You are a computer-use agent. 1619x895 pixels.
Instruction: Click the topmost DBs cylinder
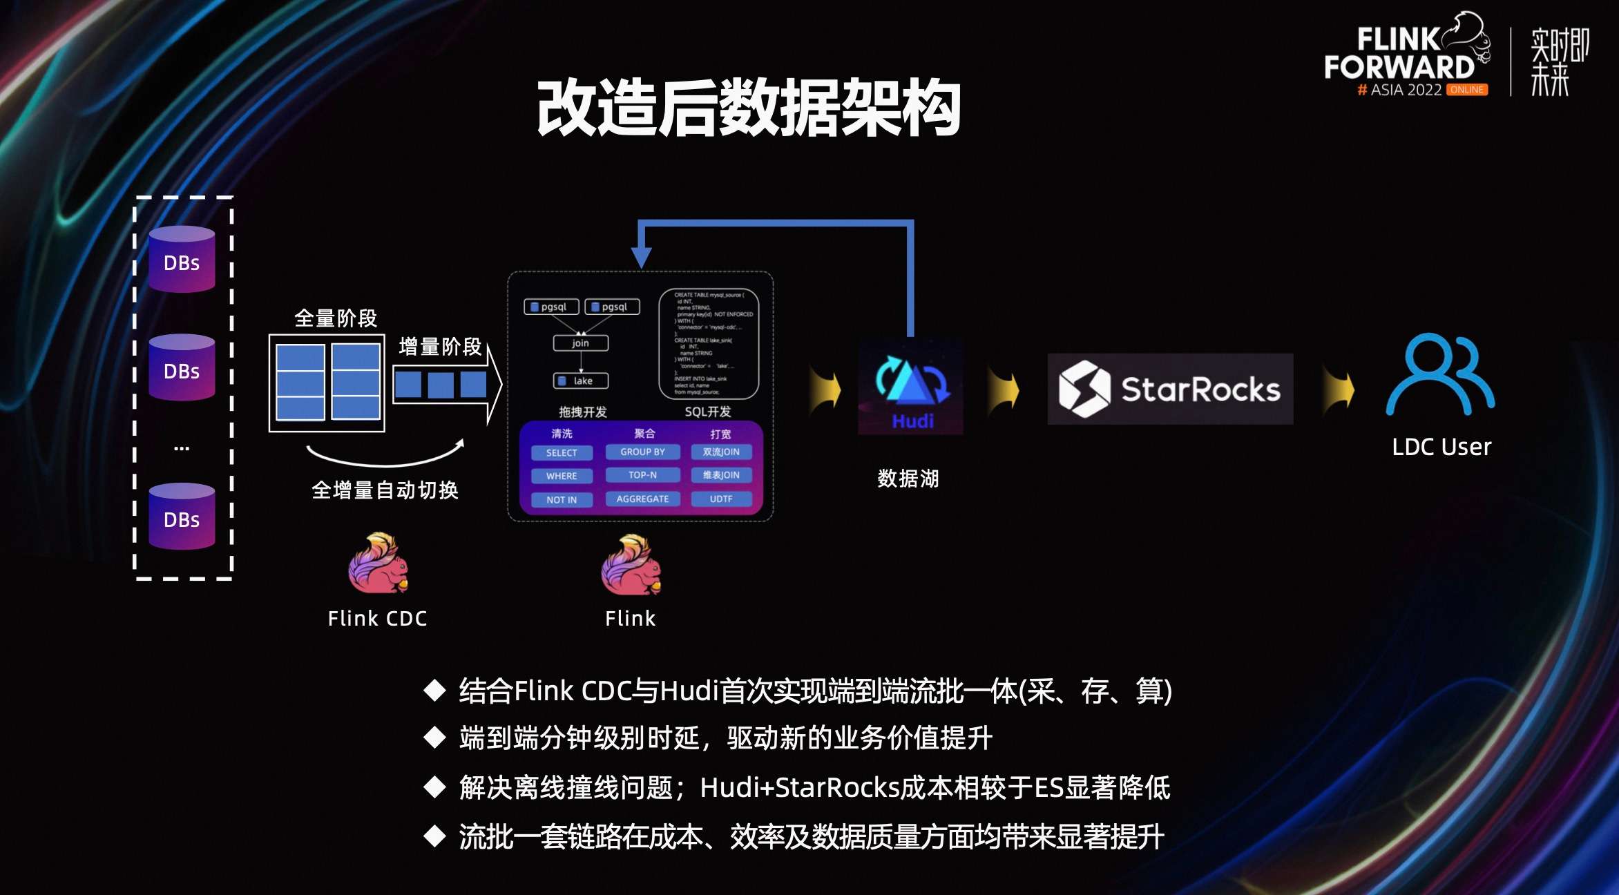pyautogui.click(x=182, y=260)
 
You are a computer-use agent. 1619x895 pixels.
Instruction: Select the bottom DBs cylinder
pyautogui.click(x=182, y=517)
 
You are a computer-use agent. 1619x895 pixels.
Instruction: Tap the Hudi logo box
pyautogui.click(x=910, y=387)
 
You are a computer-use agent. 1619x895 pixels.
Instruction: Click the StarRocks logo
pyautogui.click(x=1170, y=389)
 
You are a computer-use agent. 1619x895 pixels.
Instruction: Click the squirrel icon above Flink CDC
pyautogui.click(x=378, y=564)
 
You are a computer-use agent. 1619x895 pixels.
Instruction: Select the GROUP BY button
pyautogui.click(x=642, y=452)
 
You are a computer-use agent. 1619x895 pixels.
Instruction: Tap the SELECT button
pyautogui.click(x=562, y=453)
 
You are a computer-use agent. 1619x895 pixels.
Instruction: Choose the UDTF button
pyautogui.click(x=721, y=499)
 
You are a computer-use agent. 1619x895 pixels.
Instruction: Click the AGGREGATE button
pyautogui.click(x=642, y=499)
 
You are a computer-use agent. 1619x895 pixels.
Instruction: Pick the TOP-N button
pyautogui.click(x=642, y=475)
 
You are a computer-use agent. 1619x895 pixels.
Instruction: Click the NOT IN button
pyautogui.click(x=562, y=499)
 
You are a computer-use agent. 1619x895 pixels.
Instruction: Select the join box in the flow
pyautogui.click(x=581, y=343)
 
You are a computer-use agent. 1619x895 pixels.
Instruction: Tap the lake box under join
pyautogui.click(x=581, y=381)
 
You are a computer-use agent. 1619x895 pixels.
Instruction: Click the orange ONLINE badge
pyautogui.click(x=1467, y=90)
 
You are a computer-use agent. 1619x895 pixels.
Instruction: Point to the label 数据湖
pyautogui.click(x=908, y=479)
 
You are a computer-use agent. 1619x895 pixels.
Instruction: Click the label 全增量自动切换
pyautogui.click(x=385, y=490)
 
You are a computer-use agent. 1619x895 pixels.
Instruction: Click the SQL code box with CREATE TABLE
pyautogui.click(x=709, y=344)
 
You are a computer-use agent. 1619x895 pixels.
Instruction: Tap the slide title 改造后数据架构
pyautogui.click(x=749, y=108)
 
